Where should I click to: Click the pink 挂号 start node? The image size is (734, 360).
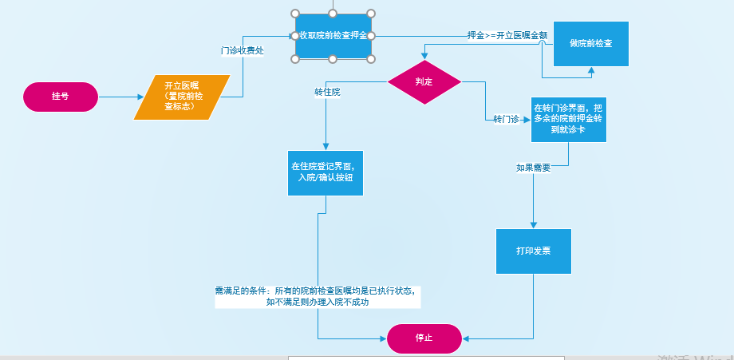61,97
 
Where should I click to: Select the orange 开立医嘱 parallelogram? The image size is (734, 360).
182,97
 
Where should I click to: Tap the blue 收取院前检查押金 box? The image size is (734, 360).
333,36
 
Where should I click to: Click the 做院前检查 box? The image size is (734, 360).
591,42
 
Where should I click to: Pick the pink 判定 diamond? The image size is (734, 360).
424,82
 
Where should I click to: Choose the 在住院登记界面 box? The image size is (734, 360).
326,172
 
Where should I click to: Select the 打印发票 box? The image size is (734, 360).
534,251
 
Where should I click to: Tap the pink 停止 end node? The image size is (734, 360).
424,338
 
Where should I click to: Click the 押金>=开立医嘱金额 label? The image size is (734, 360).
507,36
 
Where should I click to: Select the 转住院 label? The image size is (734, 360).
327,93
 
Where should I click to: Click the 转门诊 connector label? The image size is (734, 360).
507,120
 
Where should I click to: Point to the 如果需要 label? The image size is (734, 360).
533,168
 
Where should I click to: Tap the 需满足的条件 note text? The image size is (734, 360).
315,297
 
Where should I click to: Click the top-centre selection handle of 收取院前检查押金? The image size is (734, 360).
333,13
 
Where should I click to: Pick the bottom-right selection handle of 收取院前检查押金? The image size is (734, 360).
372,59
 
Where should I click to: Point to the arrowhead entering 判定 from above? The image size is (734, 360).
424,57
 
